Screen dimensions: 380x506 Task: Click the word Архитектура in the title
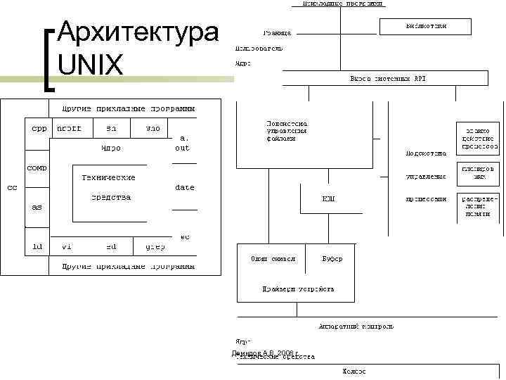(x=138, y=32)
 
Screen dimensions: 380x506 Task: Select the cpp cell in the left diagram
(x=38, y=129)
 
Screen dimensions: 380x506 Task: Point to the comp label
(x=37, y=168)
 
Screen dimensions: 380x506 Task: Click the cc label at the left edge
(x=12, y=188)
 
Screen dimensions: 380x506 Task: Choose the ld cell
(x=38, y=246)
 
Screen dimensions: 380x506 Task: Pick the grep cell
(x=155, y=246)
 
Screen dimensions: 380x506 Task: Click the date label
(x=185, y=188)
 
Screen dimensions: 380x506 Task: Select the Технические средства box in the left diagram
(x=109, y=187)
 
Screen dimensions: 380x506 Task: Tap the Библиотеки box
(x=426, y=26)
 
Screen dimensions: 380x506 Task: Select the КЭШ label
(x=329, y=199)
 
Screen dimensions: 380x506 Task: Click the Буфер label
(x=332, y=259)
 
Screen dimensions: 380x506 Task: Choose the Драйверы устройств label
(x=298, y=289)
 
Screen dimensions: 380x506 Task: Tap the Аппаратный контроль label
(x=356, y=327)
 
